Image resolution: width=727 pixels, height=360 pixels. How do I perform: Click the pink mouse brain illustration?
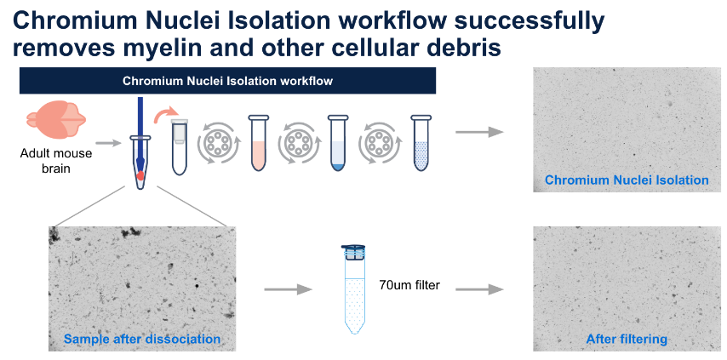pos(56,121)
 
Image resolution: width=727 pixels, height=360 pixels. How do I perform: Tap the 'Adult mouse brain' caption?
pos(56,160)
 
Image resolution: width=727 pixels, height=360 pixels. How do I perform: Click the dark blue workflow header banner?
pos(227,81)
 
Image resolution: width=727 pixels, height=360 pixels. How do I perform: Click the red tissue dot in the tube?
pos(140,175)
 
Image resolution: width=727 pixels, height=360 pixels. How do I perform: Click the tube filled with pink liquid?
pos(258,143)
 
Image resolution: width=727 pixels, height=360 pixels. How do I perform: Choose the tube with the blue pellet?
pos(338,143)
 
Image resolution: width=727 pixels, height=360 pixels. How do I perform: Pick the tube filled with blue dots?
pos(421,143)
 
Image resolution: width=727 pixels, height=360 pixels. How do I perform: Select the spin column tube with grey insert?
pos(180,146)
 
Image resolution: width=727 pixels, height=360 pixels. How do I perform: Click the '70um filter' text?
pos(409,285)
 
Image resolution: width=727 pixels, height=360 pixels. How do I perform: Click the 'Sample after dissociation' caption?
pos(142,340)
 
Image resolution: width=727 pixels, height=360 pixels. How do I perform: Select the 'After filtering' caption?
pos(627,340)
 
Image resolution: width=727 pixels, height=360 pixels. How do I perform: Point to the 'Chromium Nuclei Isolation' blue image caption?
pos(627,180)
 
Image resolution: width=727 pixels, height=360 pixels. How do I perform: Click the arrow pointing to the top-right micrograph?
pos(479,132)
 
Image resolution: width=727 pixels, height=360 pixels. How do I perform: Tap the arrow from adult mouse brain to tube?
pos(108,143)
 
